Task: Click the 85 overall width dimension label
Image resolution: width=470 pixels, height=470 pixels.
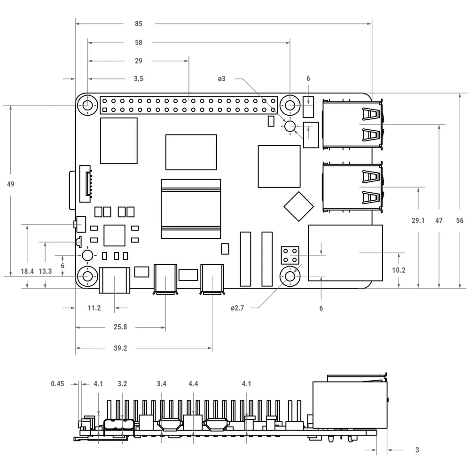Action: tap(139, 23)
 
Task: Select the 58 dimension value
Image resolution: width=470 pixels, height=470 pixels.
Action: tap(139, 43)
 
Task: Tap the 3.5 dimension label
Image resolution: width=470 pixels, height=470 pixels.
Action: tap(139, 78)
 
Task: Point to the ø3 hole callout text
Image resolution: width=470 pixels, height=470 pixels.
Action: tap(221, 78)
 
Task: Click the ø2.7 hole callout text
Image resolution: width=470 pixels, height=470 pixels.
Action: tap(237, 308)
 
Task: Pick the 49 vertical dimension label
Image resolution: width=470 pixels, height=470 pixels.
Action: tap(10, 184)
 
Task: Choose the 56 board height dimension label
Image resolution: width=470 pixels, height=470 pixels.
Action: tap(460, 220)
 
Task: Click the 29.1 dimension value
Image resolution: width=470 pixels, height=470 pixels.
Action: tap(418, 220)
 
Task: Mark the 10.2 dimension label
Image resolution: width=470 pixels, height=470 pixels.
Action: tap(399, 270)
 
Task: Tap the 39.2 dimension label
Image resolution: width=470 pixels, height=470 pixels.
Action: tap(120, 348)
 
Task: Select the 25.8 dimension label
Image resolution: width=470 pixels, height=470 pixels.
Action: tap(120, 327)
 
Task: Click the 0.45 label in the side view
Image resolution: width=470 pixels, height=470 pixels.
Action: tap(57, 384)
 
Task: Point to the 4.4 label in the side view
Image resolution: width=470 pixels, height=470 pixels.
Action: tap(193, 384)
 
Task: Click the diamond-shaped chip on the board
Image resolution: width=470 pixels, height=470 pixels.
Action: tap(298, 206)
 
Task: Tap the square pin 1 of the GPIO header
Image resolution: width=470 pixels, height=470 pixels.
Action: tap(105, 110)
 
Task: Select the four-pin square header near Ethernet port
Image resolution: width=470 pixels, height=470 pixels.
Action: tap(290, 255)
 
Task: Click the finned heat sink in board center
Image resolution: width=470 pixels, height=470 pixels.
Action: tap(191, 209)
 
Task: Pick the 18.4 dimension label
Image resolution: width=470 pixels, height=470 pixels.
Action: tap(27, 271)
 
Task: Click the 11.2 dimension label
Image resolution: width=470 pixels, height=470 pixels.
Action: tap(94, 308)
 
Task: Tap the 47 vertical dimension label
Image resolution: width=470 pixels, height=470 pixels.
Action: tap(439, 220)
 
